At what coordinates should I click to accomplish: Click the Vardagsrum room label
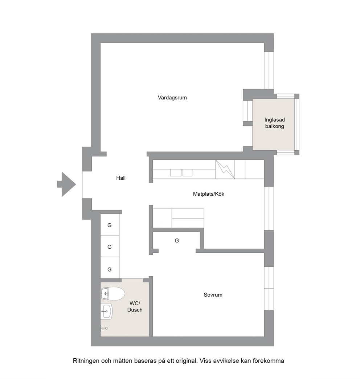(172, 98)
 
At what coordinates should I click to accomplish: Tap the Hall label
(121, 178)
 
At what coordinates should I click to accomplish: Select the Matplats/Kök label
(209, 194)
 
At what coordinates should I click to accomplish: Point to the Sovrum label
(213, 295)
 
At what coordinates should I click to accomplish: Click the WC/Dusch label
(135, 306)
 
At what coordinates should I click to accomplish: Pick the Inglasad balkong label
(274, 123)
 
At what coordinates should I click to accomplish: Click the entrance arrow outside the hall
(66, 184)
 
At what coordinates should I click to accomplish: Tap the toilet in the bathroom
(113, 294)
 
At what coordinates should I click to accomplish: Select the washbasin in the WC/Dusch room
(107, 311)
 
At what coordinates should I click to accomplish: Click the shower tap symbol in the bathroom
(104, 328)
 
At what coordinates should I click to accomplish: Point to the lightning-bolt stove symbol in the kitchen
(225, 169)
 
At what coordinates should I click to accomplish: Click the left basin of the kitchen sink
(176, 172)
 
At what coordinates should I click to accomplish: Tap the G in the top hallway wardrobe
(110, 225)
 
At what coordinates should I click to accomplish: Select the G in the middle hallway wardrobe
(110, 247)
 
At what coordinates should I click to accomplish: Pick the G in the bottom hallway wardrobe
(110, 269)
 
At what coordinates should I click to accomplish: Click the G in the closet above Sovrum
(177, 240)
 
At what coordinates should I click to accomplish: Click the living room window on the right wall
(269, 70)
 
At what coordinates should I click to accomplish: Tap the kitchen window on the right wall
(269, 208)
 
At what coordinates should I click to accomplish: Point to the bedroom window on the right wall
(269, 288)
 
